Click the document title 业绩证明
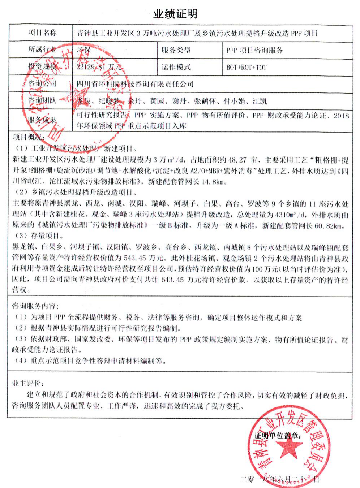(x=175, y=14)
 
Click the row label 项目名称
(x=42, y=33)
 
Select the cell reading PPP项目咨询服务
(x=254, y=50)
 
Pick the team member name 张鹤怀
(x=205, y=101)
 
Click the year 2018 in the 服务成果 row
(x=342, y=116)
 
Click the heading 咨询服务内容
(x=35, y=306)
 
